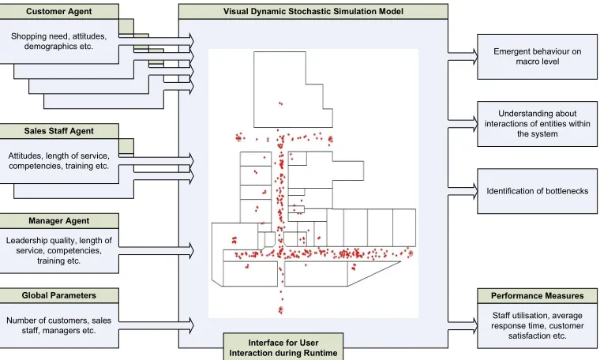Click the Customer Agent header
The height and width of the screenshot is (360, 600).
[59, 12]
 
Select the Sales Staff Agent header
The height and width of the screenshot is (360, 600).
[59, 131]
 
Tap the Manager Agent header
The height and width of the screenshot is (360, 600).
[59, 221]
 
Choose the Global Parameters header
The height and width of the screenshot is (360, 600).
[59, 295]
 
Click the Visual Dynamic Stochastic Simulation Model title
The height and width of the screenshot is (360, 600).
[313, 12]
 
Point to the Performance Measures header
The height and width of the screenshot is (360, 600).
[538, 296]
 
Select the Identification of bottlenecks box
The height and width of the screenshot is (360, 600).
[538, 191]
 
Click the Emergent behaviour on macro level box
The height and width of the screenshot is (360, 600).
[538, 57]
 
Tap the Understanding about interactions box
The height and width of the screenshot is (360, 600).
[538, 124]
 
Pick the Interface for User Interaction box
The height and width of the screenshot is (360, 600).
[283, 347]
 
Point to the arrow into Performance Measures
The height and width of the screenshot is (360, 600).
[463, 325]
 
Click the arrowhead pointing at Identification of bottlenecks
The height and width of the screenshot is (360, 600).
[475, 191]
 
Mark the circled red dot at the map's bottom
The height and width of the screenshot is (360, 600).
[280, 309]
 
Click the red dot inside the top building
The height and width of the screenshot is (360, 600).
[280, 103]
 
